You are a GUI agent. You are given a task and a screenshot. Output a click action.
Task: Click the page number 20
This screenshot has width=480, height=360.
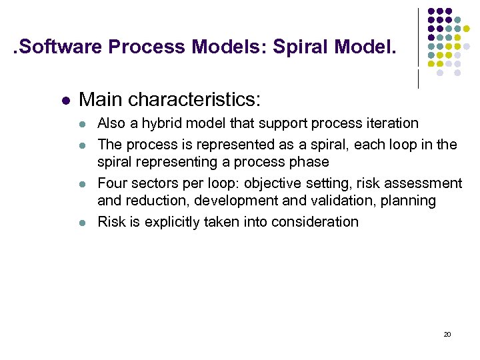click(447, 334)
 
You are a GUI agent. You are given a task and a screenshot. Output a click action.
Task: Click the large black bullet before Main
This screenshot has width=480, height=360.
click(65, 101)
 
